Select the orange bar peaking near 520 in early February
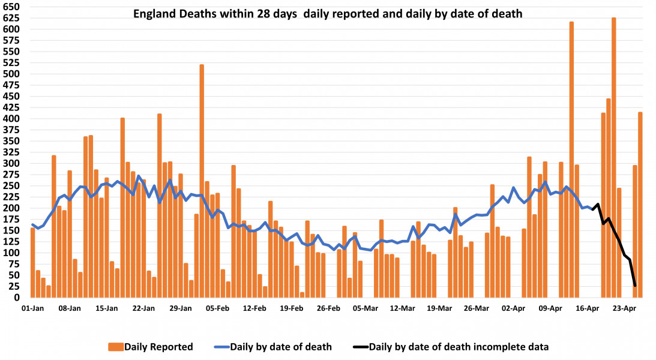[x=202, y=180]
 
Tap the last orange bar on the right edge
[x=640, y=204]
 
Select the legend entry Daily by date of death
[x=273, y=346]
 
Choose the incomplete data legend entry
[x=450, y=346]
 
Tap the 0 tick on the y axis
[x=17, y=298]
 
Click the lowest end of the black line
[x=635, y=286]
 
